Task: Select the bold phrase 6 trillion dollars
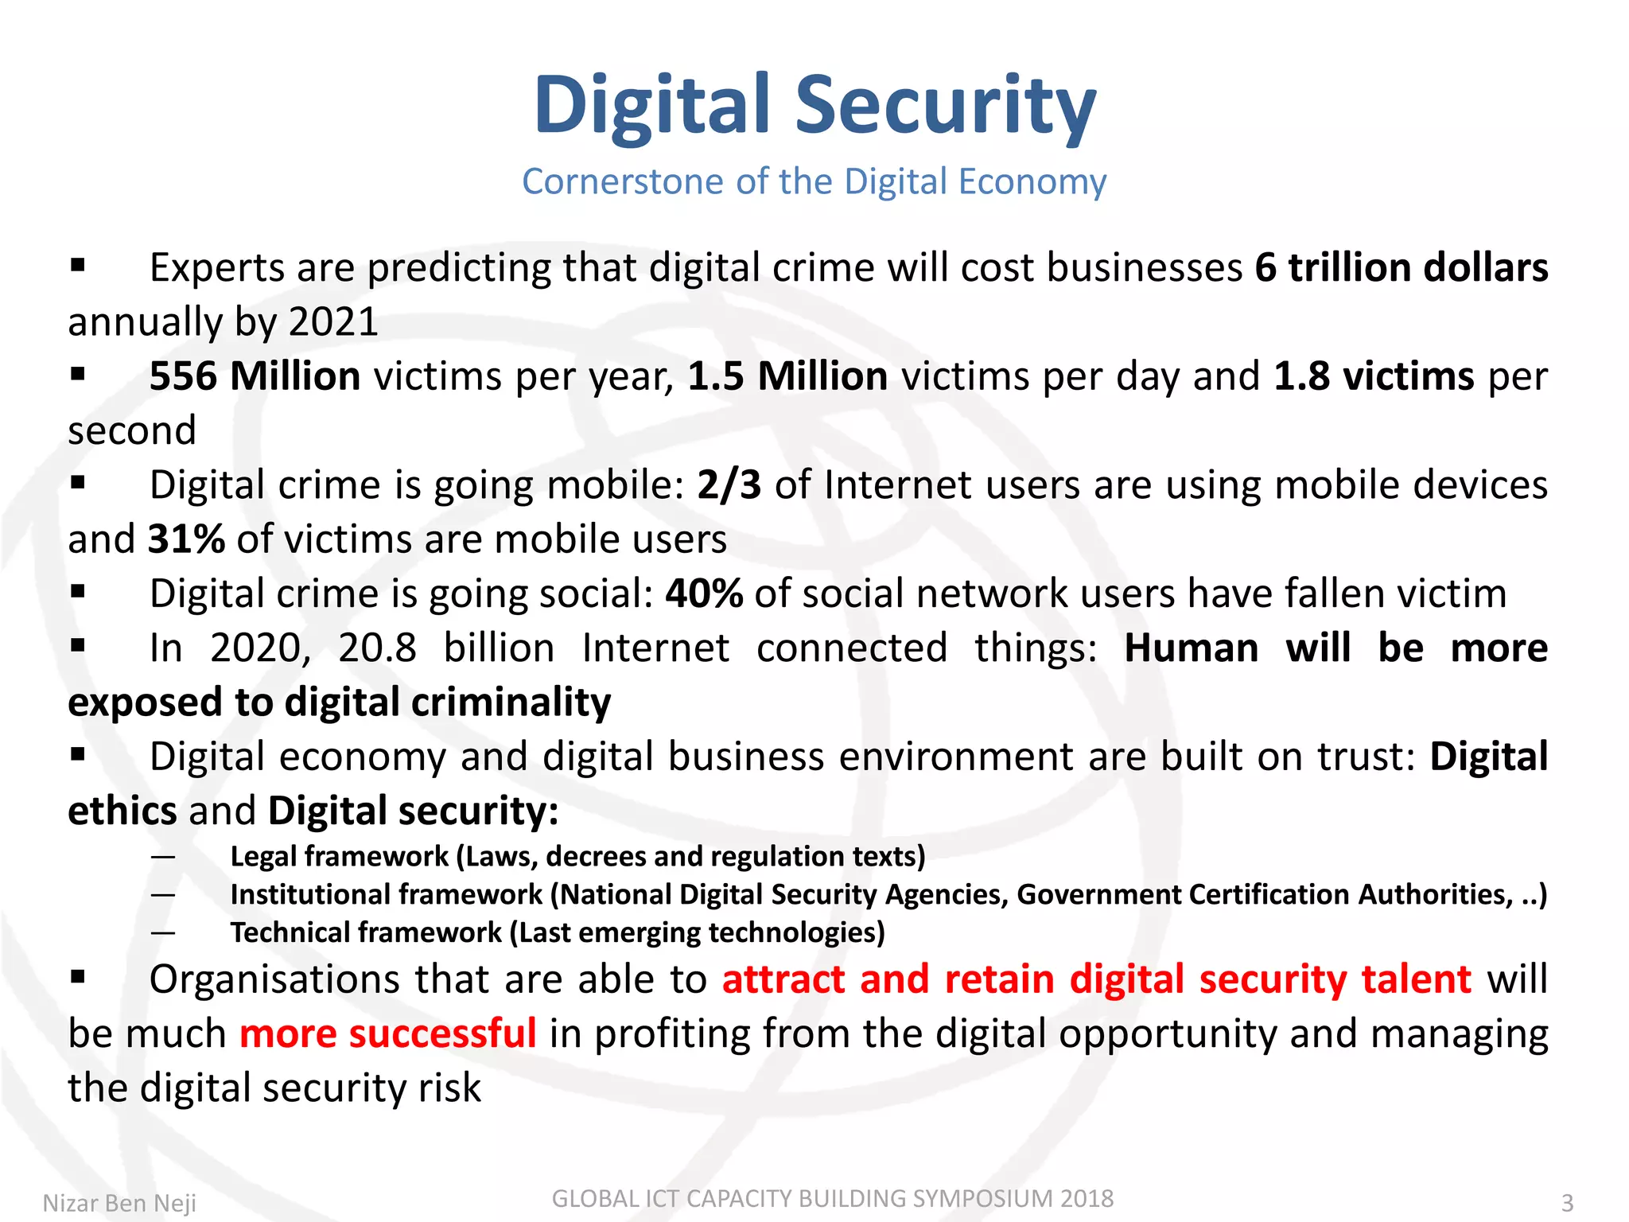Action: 1402,267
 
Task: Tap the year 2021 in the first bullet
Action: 333,322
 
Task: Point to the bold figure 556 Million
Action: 255,376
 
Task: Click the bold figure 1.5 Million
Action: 787,376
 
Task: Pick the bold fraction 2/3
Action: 729,485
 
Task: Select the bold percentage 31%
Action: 186,539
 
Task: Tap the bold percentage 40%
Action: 704,593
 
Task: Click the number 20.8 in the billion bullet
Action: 377,648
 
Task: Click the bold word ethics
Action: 122,811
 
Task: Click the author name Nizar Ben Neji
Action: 119,1203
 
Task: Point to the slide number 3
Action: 1567,1203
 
